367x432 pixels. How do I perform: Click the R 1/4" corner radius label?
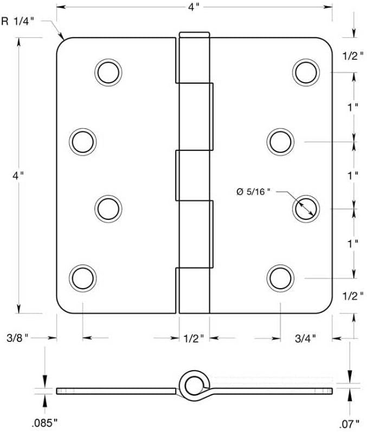pos(21,22)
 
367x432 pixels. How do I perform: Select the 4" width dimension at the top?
pos(194,8)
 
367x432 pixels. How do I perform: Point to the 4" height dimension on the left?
pos(20,175)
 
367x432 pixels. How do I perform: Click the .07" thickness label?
pos(351,422)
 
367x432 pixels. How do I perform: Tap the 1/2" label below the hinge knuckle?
pos(194,338)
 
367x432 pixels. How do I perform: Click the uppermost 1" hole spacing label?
pos(353,106)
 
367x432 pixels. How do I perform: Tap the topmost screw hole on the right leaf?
pos(305,72)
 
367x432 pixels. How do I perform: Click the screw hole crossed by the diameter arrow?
pos(305,208)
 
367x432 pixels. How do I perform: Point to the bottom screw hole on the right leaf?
pos(280,277)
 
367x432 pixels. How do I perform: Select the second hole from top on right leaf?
pos(280,141)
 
